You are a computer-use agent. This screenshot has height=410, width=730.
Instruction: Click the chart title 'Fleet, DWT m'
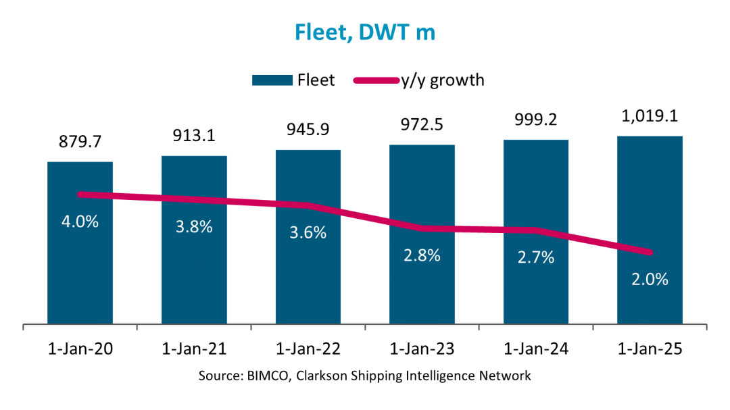click(364, 32)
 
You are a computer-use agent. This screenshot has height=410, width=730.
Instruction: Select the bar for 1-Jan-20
click(80, 270)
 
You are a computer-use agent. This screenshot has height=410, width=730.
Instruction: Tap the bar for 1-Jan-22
click(308, 270)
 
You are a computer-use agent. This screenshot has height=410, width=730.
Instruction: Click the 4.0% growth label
click(80, 222)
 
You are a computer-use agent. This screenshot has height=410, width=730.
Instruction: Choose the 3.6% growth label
click(308, 232)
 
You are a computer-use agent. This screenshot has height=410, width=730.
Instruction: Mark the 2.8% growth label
click(422, 255)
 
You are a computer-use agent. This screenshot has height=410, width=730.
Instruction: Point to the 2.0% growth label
click(650, 278)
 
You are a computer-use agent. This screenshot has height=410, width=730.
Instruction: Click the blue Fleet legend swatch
click(271, 80)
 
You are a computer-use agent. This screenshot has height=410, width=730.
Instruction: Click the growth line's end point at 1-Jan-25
click(650, 253)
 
